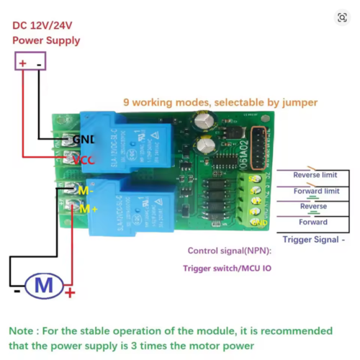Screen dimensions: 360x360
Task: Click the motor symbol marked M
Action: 44,286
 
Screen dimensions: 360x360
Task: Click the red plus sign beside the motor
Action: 70,293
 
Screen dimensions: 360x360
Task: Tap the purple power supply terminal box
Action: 30,63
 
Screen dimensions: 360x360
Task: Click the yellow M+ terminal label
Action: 87,209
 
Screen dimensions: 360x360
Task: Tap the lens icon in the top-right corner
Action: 342,17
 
